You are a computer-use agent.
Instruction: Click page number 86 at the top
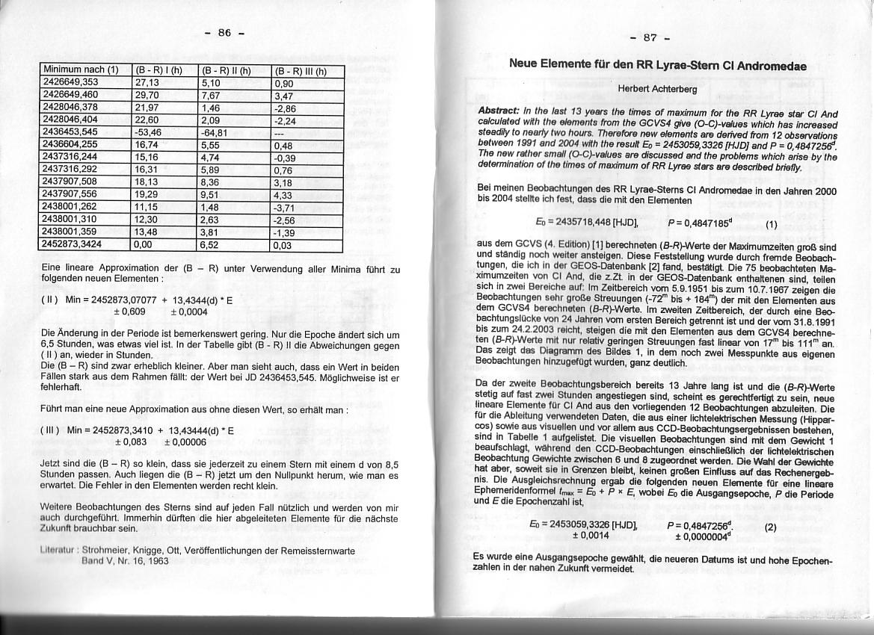click(x=224, y=32)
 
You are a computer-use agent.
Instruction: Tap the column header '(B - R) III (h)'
click(x=301, y=72)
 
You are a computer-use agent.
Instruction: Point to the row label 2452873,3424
click(x=82, y=244)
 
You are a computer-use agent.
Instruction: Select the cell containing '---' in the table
click(x=280, y=131)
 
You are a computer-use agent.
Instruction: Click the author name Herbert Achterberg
click(x=657, y=89)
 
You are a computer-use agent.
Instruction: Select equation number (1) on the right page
click(x=772, y=223)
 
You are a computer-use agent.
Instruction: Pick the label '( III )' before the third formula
click(x=51, y=430)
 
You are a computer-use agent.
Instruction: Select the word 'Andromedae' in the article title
click(x=772, y=65)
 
